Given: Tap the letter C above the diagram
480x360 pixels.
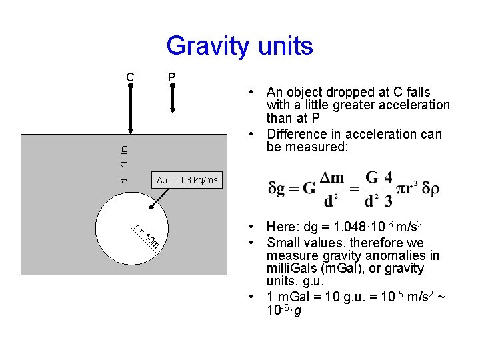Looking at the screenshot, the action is (x=131, y=77).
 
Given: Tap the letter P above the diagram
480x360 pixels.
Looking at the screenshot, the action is (x=171, y=77).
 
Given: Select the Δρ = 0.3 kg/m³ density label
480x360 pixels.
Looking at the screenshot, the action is (x=186, y=179).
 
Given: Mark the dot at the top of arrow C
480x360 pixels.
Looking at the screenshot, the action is (x=131, y=86).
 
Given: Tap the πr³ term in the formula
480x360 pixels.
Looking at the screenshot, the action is (x=405, y=188).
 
